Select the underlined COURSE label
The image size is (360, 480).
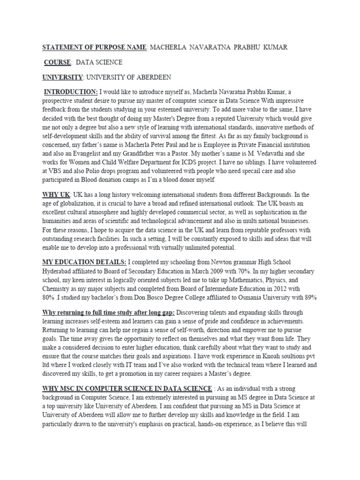pyautogui.click(x=58, y=62)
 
